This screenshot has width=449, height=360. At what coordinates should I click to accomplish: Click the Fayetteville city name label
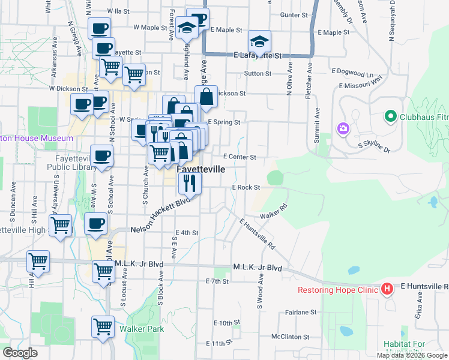click(201, 170)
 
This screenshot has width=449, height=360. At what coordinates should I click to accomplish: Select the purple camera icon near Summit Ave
click(343, 128)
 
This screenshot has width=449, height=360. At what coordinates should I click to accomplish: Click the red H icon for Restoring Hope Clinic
click(387, 290)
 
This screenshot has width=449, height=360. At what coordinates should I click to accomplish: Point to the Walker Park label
click(141, 329)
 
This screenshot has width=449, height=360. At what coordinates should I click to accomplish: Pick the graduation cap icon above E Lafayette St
click(260, 41)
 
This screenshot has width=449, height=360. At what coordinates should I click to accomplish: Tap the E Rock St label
click(246, 187)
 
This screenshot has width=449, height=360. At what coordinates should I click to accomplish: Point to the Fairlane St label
click(301, 312)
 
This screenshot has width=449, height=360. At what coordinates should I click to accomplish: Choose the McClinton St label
click(289, 337)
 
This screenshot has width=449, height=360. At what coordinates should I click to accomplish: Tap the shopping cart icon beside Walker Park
click(103, 326)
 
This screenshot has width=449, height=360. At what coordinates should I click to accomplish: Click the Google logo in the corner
click(20, 352)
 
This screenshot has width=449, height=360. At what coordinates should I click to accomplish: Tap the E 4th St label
click(186, 233)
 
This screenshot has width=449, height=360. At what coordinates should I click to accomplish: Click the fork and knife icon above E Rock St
click(190, 183)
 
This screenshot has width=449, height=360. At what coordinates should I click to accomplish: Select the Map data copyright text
click(412, 355)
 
